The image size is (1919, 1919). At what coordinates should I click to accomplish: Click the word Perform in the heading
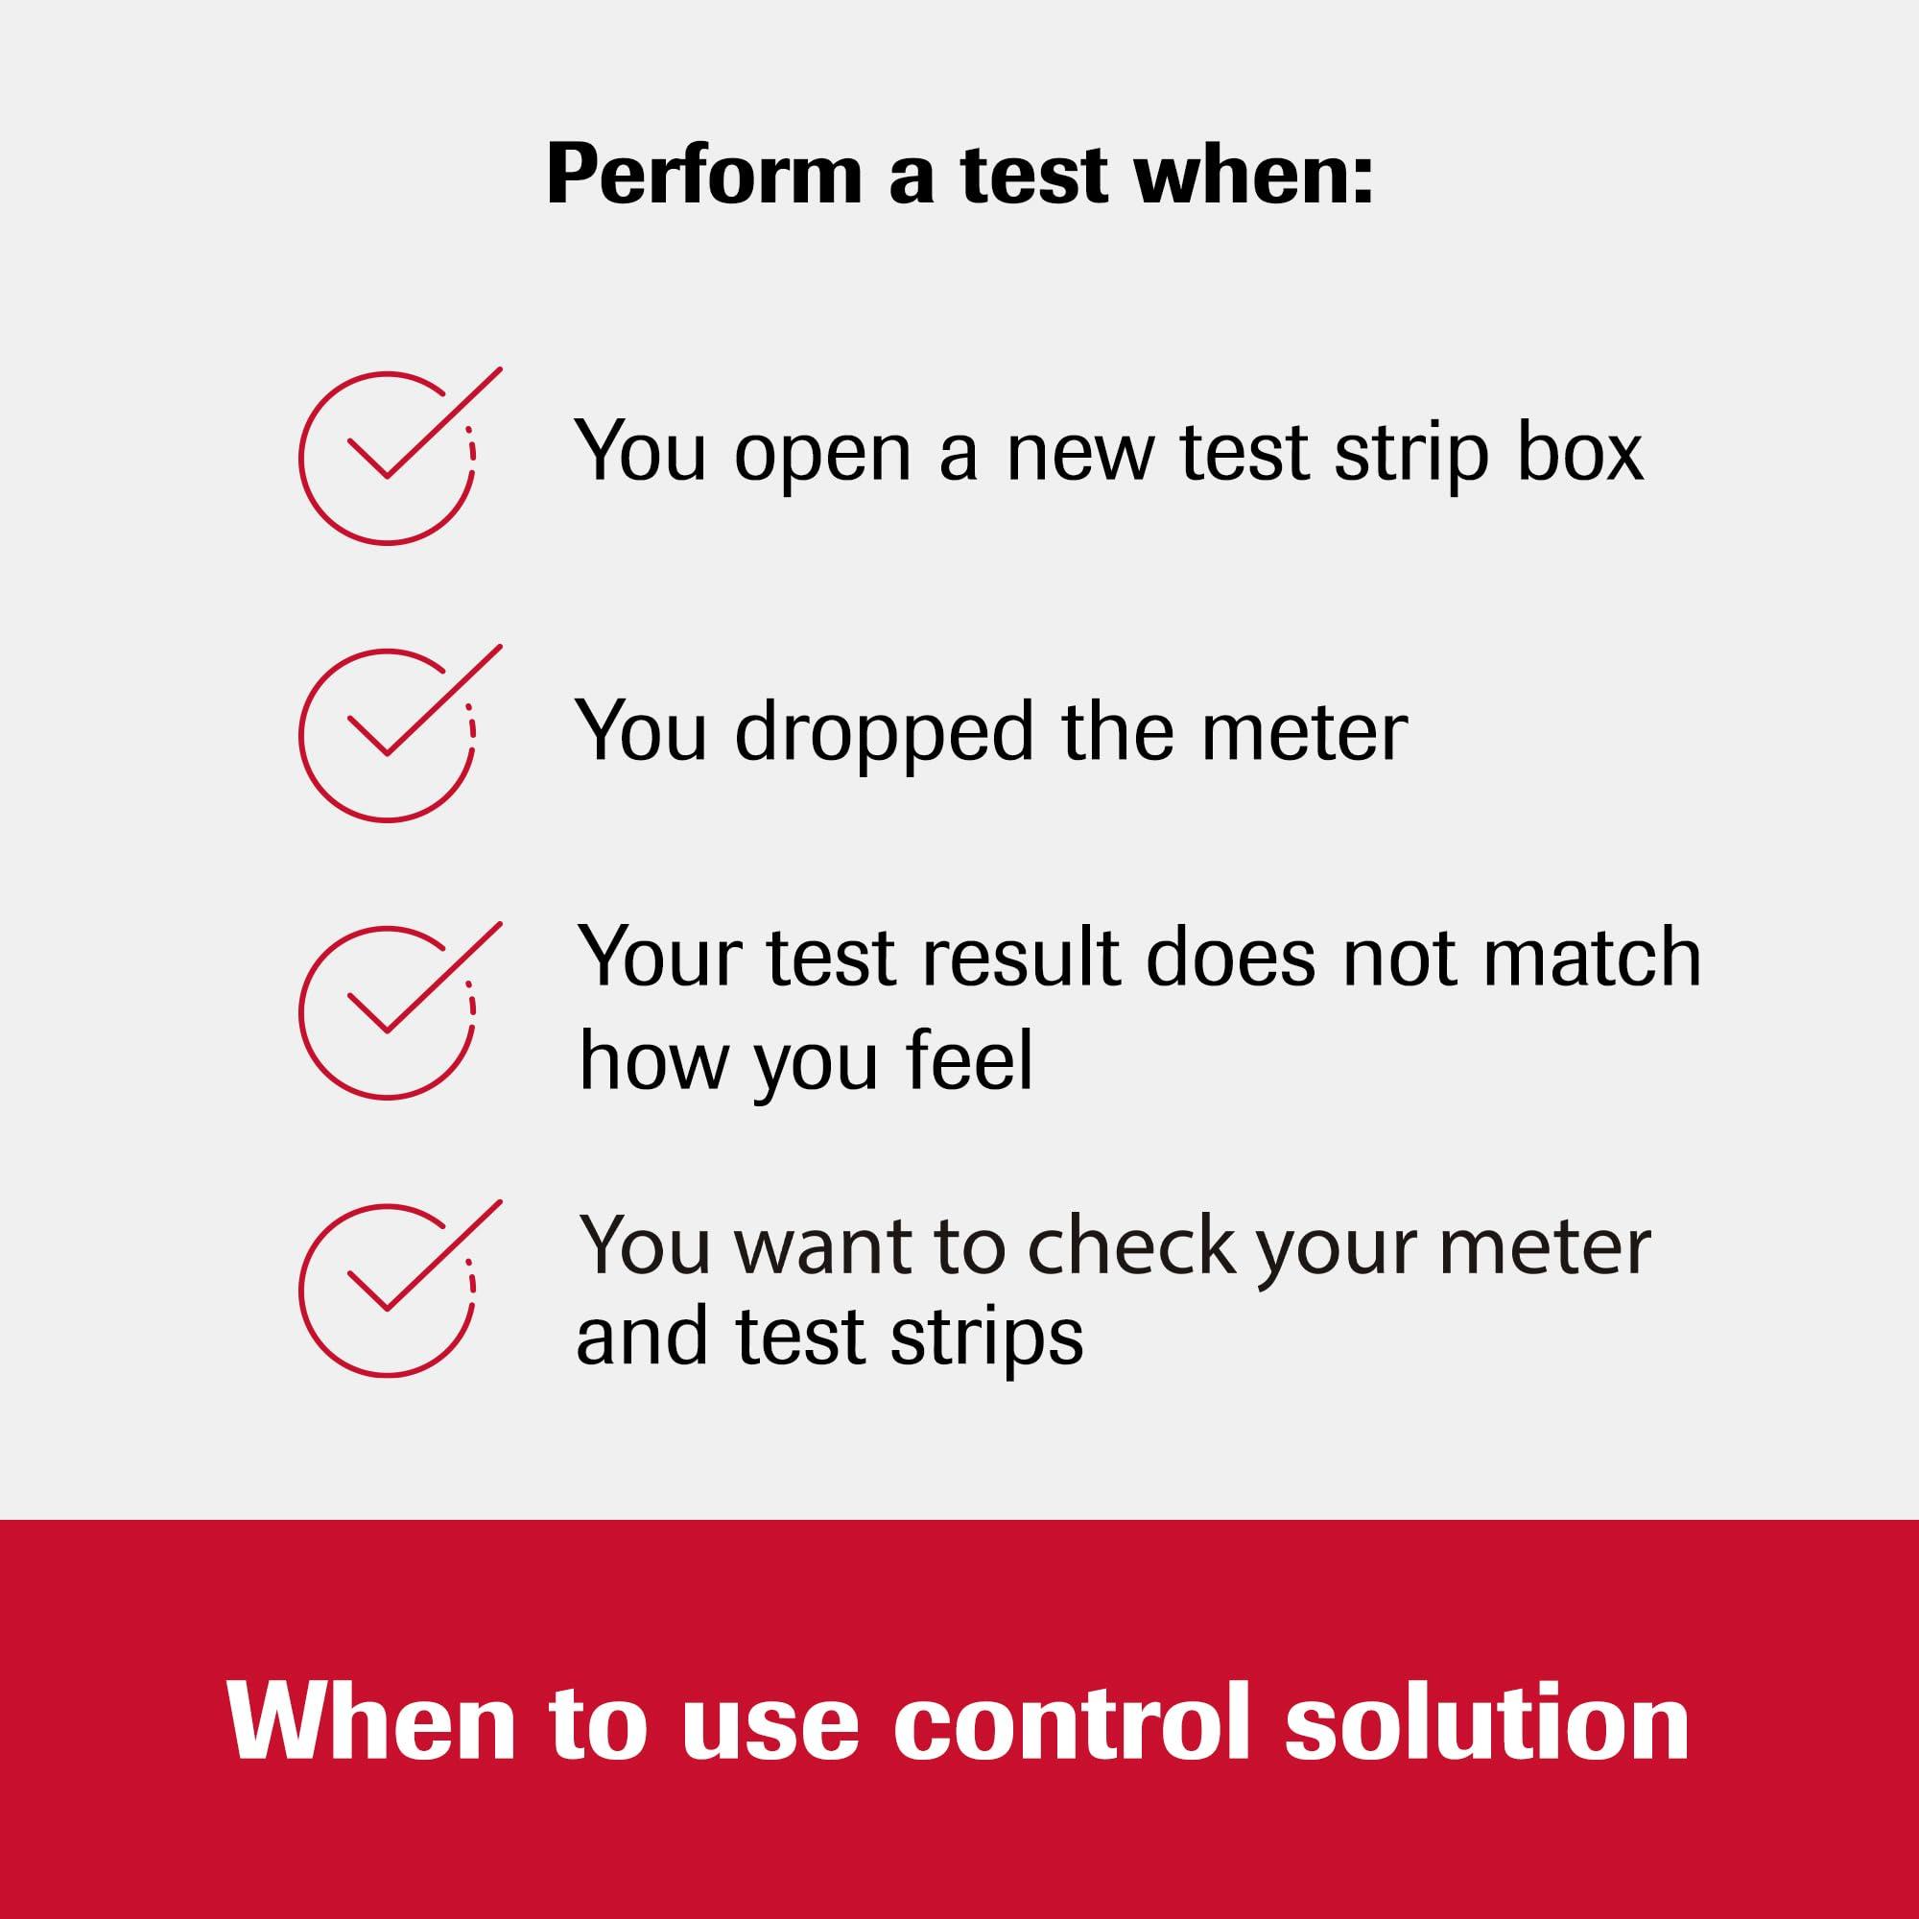point(703,176)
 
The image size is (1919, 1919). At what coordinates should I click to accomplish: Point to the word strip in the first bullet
point(1411,454)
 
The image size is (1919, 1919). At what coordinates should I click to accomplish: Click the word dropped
point(885,733)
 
